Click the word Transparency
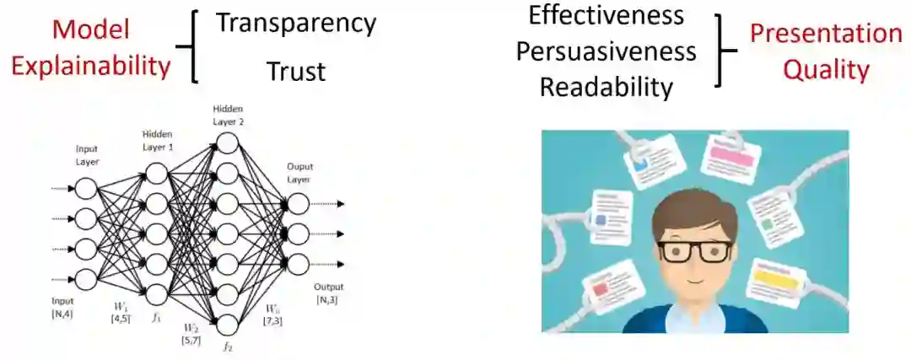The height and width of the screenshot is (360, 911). [295, 24]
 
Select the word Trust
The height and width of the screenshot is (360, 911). [295, 73]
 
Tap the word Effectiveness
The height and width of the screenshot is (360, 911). [606, 15]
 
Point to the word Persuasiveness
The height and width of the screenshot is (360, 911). [606, 51]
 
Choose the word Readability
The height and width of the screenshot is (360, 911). [606, 87]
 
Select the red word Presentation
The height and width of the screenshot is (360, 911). [826, 34]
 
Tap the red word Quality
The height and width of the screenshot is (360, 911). [826, 69]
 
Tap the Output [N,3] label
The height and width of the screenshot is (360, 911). [327, 293]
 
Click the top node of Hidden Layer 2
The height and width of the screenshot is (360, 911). [227, 143]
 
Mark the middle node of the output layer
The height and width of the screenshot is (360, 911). [296, 232]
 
